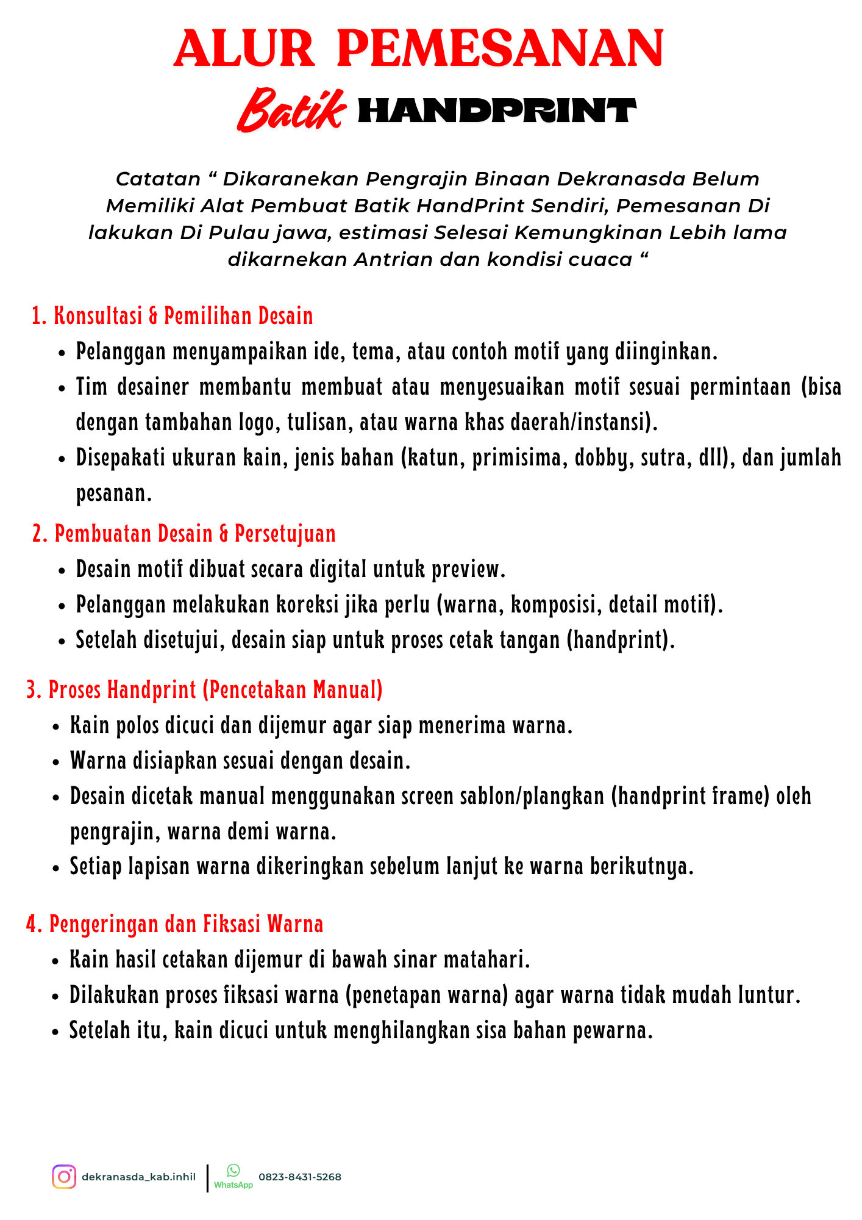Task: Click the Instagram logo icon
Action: [64, 1177]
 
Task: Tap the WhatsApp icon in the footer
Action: [233, 1170]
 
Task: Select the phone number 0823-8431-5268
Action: [300, 1177]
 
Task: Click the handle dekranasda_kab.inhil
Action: [139, 1177]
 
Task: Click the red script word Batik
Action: [291, 110]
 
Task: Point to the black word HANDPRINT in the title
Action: [496, 111]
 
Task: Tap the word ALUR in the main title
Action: [244, 49]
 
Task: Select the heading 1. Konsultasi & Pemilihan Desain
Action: [173, 316]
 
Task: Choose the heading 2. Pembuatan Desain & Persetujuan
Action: [183, 534]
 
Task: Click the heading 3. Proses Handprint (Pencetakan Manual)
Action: [205, 690]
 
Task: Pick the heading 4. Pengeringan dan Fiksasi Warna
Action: [174, 924]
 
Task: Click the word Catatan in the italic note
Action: [158, 179]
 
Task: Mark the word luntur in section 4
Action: [768, 995]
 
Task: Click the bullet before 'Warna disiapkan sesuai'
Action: [57, 762]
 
